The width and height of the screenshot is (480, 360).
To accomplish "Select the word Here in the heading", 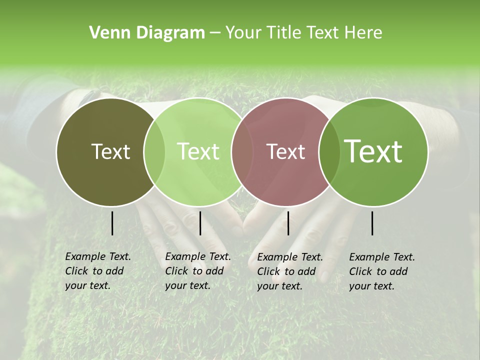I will pyautogui.click(x=363, y=33).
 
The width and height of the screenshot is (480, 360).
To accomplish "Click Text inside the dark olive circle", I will pyautogui.click(x=110, y=151).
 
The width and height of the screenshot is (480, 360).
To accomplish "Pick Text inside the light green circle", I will pyautogui.click(x=198, y=151).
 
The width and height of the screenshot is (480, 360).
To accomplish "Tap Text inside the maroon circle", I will pyautogui.click(x=285, y=151).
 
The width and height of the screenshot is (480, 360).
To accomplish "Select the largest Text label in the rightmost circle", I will pyautogui.click(x=373, y=151).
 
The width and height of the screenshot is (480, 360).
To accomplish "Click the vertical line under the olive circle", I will pyautogui.click(x=112, y=223).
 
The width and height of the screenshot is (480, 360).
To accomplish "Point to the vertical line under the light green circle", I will pyautogui.click(x=200, y=223).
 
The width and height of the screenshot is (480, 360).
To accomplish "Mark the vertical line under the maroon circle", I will pyautogui.click(x=288, y=223).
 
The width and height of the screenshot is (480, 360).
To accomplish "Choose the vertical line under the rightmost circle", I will pyautogui.click(x=372, y=223).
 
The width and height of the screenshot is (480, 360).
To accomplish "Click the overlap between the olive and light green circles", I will pyautogui.click(x=154, y=151).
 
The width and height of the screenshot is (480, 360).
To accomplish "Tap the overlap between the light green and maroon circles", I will pyautogui.click(x=242, y=151).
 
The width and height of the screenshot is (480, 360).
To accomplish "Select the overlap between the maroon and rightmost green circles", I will pyautogui.click(x=329, y=151).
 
